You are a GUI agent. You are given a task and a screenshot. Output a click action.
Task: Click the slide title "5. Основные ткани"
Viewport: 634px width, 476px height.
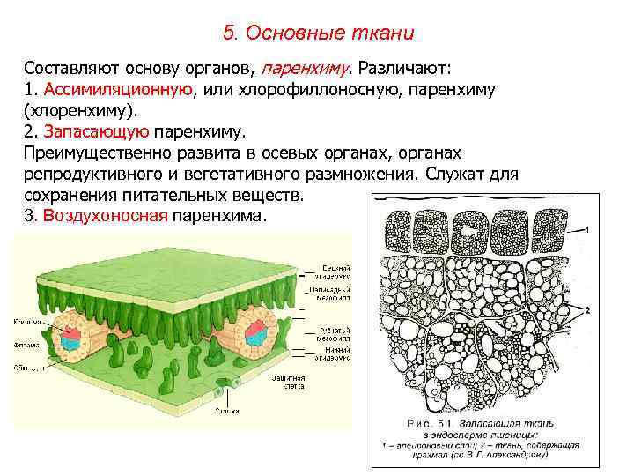pyautogui.click(x=318, y=33)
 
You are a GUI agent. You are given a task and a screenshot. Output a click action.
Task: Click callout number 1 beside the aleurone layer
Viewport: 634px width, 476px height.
pyautogui.click(x=587, y=228)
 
